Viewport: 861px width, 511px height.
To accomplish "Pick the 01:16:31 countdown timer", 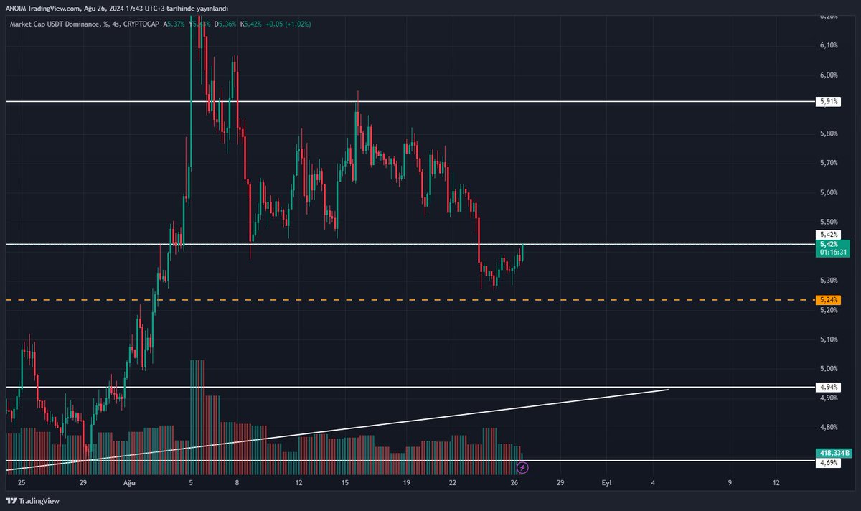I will point(832,253).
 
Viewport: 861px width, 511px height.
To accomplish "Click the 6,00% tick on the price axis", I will point(827,75).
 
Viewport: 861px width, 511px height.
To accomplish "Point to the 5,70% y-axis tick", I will point(827,163).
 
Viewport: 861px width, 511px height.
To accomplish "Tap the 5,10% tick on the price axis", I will point(827,339).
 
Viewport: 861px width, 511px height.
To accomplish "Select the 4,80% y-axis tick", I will point(827,428).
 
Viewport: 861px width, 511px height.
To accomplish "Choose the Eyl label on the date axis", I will point(606,483).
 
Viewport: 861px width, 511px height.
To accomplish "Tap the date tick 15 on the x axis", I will point(345,483).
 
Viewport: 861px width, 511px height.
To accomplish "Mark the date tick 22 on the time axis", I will point(453,483).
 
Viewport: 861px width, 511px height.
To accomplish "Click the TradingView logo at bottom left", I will point(34,500).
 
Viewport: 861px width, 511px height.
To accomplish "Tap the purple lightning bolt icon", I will point(523,468).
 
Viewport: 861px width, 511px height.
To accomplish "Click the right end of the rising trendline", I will point(668,390).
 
